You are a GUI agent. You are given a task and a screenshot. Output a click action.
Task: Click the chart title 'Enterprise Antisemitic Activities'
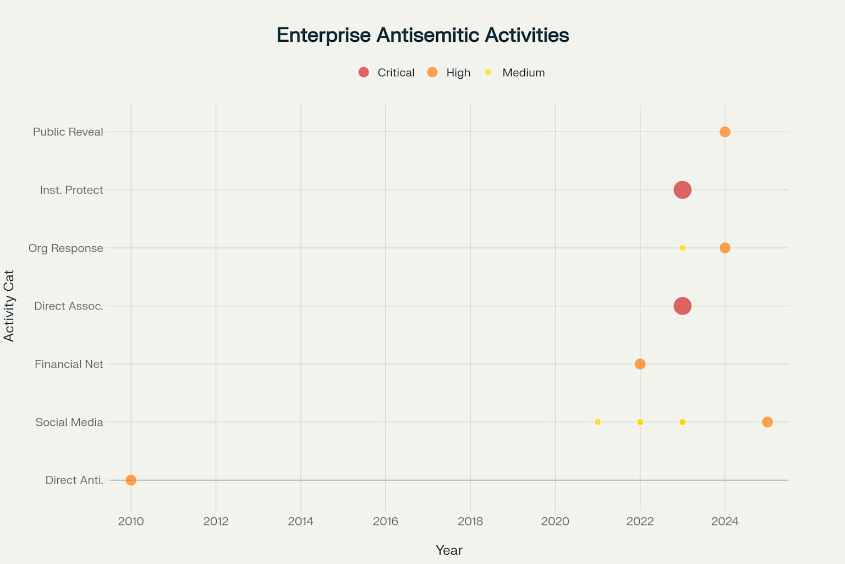tap(422, 35)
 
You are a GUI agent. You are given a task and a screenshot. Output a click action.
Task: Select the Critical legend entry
tap(386, 73)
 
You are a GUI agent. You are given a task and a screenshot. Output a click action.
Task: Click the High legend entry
tap(449, 73)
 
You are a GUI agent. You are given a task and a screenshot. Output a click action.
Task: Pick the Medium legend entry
tap(515, 73)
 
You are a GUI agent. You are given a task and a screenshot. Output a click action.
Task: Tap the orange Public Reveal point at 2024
tap(725, 132)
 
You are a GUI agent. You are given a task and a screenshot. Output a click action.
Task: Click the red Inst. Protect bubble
tap(682, 189)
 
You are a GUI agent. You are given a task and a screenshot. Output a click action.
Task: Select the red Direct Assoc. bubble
tap(682, 306)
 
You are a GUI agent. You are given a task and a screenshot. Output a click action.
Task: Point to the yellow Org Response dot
tap(682, 248)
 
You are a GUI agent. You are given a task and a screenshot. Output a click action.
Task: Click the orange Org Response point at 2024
tap(725, 248)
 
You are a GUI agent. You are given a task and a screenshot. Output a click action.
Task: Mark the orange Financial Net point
tap(640, 364)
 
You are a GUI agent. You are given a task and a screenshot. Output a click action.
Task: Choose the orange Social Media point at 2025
tap(767, 422)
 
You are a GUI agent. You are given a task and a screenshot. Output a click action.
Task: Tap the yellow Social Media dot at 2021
tap(597, 422)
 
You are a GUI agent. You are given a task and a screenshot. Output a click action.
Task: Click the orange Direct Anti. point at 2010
tap(131, 480)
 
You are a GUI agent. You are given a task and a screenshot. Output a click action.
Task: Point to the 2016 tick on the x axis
tap(386, 521)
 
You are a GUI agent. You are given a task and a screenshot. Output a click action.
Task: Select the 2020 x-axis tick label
tap(555, 521)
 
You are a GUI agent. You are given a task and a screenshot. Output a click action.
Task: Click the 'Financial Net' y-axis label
tap(69, 364)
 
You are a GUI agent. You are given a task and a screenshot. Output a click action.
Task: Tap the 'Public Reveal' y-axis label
tap(68, 132)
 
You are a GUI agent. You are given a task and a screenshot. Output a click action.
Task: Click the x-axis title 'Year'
tap(449, 550)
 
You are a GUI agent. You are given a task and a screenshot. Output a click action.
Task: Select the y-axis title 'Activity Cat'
tap(9, 306)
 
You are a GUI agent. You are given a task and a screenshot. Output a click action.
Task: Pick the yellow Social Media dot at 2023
tap(682, 422)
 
